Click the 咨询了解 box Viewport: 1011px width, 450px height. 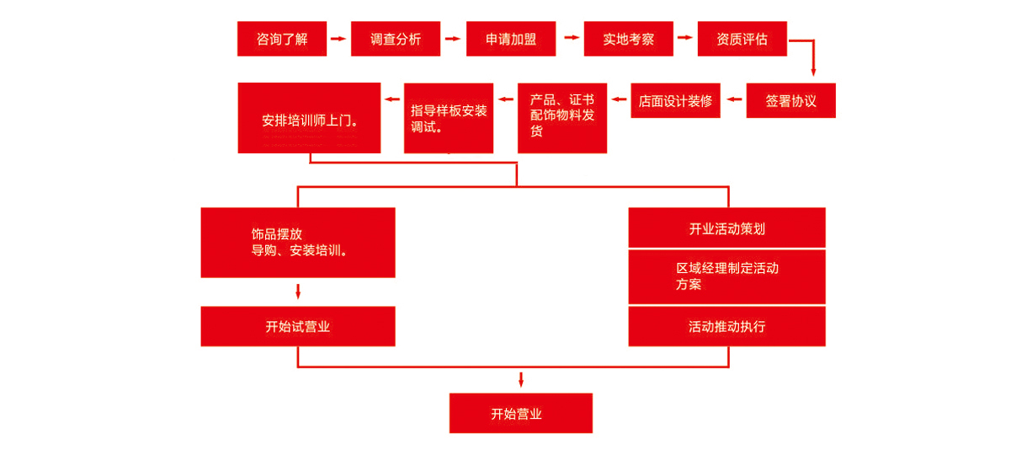[x=282, y=39]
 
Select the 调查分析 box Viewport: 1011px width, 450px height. [x=396, y=39]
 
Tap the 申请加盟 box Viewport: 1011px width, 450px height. [x=511, y=39]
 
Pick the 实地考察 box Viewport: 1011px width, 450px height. [x=629, y=39]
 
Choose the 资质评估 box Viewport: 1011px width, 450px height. [x=742, y=39]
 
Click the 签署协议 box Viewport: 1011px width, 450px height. [x=791, y=101]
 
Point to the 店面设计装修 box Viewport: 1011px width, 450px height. [x=676, y=101]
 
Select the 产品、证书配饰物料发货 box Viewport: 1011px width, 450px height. [x=562, y=118]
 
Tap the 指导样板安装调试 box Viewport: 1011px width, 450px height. [x=449, y=118]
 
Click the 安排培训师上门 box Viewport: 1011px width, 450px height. [x=309, y=118]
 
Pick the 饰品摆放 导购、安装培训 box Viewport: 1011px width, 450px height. [x=298, y=243]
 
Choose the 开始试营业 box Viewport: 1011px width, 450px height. [x=298, y=327]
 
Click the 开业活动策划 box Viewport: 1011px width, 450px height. [x=727, y=228]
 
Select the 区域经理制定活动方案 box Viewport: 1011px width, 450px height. [x=727, y=277]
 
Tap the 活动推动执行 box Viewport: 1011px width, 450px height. [x=727, y=327]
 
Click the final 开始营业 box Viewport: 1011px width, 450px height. [x=521, y=414]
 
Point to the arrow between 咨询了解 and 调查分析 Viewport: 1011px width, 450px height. [x=338, y=39]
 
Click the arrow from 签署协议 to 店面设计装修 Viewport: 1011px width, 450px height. [x=734, y=99]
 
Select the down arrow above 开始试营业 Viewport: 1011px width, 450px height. [x=298, y=292]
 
